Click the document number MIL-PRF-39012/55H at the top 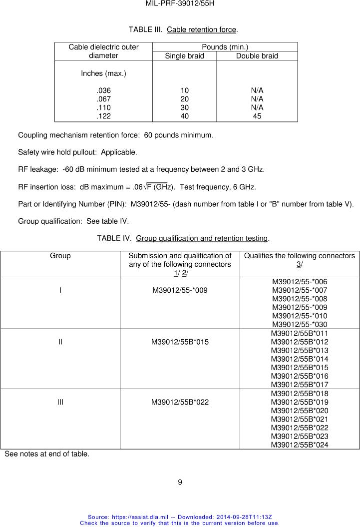[x=180, y=4]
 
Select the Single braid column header [x=184, y=56]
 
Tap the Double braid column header [x=257, y=56]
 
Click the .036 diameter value [x=103, y=90]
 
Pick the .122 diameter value [x=103, y=116]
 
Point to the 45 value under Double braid [x=257, y=116]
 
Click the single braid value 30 [x=185, y=107]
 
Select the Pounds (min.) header [x=224, y=47]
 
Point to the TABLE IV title [x=183, y=238]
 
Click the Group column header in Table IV [x=60, y=256]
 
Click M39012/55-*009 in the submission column [x=180, y=290]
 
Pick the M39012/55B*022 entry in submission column [x=180, y=402]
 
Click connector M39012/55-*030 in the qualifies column [x=300, y=324]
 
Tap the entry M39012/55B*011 [x=300, y=333]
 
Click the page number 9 [x=180, y=482]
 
